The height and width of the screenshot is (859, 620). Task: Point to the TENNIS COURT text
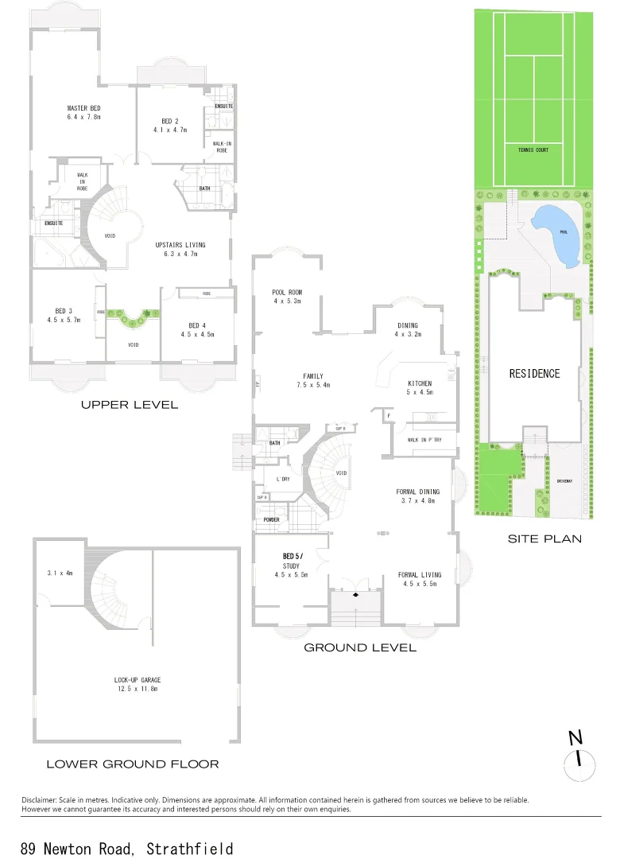coord(533,150)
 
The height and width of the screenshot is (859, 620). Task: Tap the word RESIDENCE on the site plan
coord(534,373)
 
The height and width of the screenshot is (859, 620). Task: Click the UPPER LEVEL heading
coord(130,405)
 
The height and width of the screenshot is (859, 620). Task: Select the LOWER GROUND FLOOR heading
coord(132,764)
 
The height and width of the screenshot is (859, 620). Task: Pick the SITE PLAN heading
coord(544,538)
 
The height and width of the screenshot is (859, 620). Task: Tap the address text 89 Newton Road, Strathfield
coord(127,848)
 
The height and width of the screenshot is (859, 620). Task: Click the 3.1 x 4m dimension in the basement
coord(59,573)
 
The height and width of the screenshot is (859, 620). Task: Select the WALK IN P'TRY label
coord(424,440)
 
